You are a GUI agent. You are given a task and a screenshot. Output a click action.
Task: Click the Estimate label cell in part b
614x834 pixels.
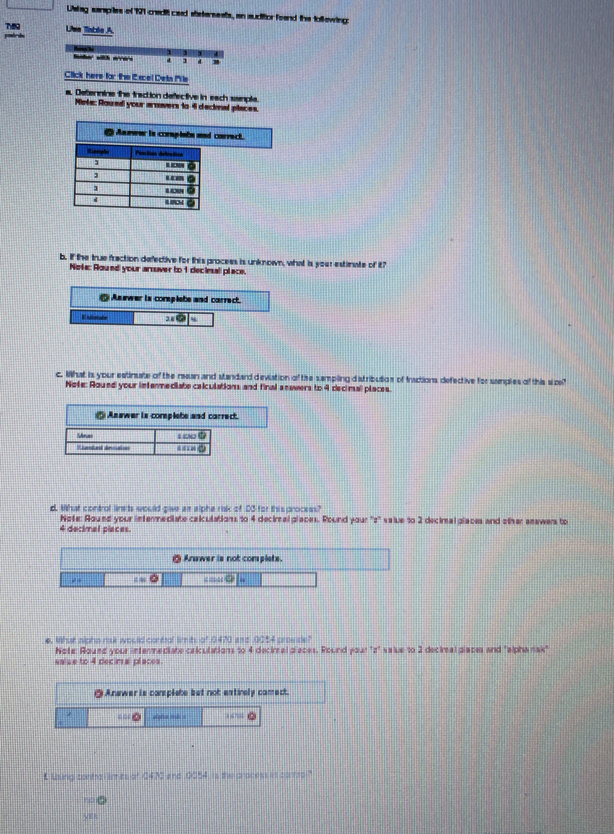point(101,318)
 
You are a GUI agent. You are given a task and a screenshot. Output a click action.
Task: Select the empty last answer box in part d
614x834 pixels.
point(288,579)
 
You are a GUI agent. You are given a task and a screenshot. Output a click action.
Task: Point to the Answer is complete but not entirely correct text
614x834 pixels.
point(197,692)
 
